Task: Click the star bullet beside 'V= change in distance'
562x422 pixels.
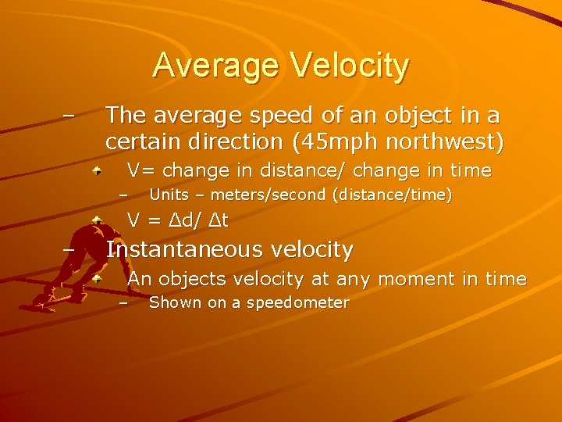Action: pyautogui.click(x=95, y=170)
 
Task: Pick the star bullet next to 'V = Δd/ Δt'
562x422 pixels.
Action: pyautogui.click(x=95, y=220)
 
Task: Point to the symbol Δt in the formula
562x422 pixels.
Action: pyautogui.click(x=218, y=221)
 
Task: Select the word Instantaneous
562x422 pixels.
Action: pyautogui.click(x=187, y=250)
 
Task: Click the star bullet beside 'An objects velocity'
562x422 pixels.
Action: pyautogui.click(x=95, y=278)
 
